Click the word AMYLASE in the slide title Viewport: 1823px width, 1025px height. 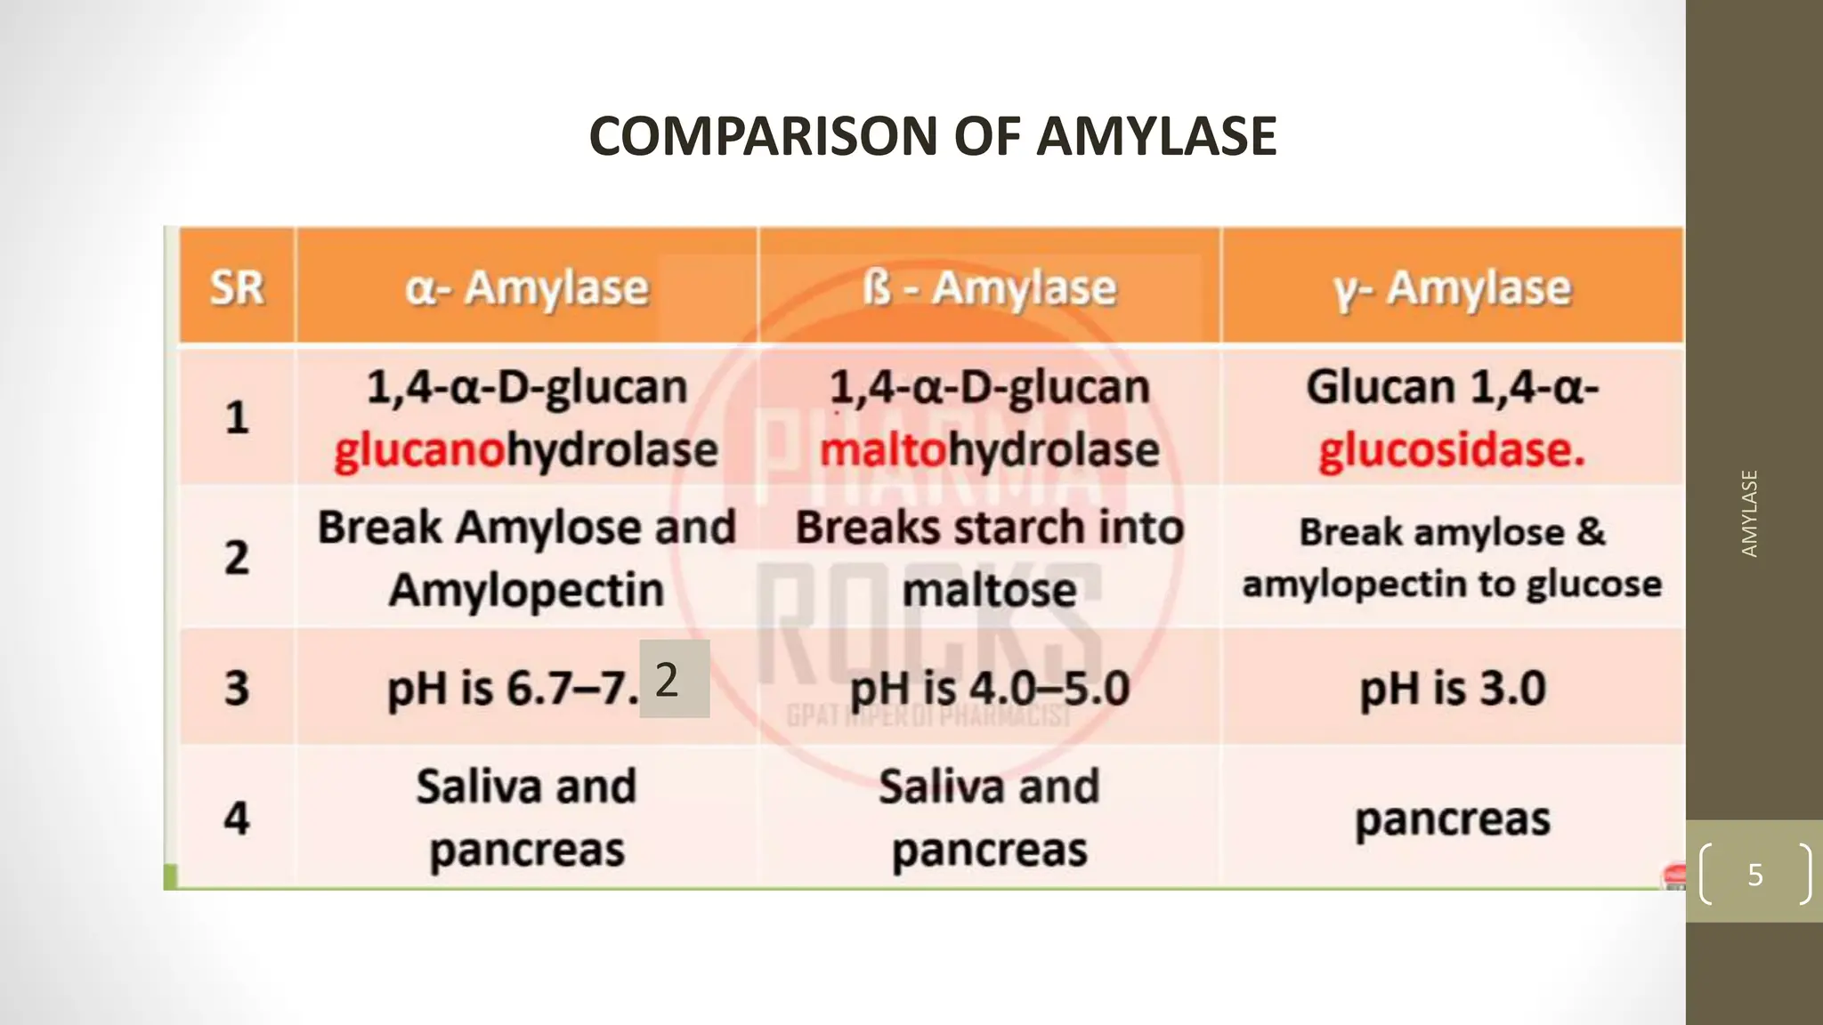click(1156, 136)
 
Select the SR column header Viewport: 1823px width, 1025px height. click(237, 287)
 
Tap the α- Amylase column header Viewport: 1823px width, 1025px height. click(527, 287)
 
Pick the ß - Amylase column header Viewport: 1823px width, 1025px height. click(989, 287)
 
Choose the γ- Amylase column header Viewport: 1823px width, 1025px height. click(1452, 287)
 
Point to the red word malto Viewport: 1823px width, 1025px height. click(882, 450)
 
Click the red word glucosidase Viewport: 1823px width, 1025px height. click(1452, 450)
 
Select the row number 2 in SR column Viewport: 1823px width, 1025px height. click(237, 558)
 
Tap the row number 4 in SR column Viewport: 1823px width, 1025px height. click(237, 818)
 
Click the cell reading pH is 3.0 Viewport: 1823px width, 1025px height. click(1452, 689)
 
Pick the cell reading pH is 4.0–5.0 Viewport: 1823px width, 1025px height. click(989, 689)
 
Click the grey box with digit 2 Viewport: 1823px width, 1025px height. click(674, 680)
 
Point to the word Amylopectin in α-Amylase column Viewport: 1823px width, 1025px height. click(527, 589)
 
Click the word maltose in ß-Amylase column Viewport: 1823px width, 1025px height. click(989, 589)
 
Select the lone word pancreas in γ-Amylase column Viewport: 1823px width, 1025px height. click(1452, 819)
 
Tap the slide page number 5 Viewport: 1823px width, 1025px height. click(1754, 874)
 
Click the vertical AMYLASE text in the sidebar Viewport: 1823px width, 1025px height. click(1749, 513)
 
